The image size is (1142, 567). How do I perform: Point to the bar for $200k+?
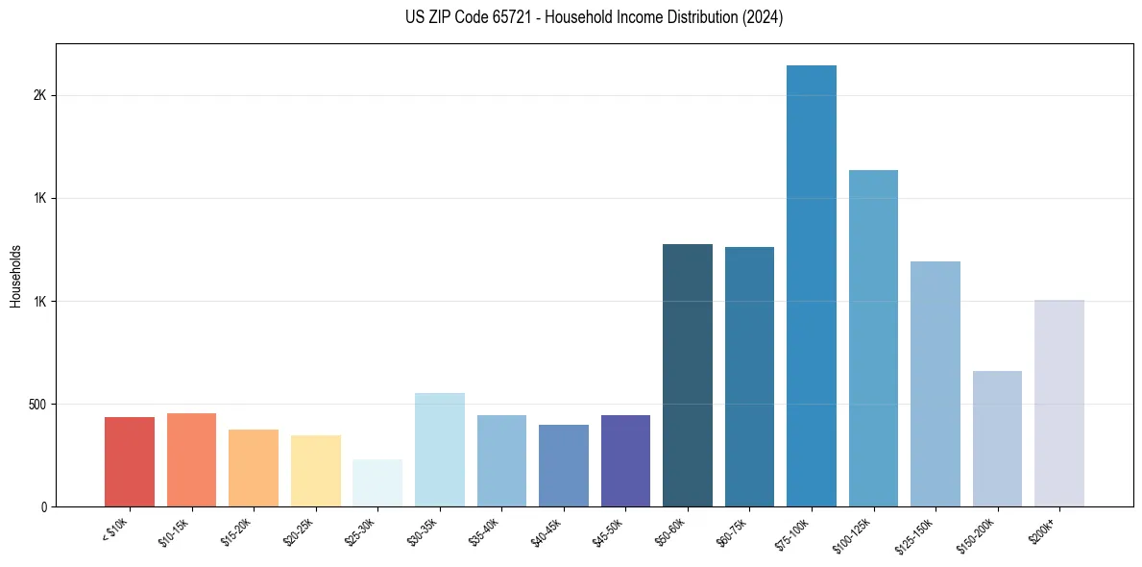click(1058, 403)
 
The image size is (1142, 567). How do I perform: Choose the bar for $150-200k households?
click(997, 438)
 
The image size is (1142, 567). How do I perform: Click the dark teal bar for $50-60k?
click(688, 375)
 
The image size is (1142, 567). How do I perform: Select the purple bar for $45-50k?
click(625, 460)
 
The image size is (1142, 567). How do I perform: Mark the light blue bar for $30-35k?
click(440, 450)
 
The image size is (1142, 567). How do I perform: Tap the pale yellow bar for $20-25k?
click(316, 471)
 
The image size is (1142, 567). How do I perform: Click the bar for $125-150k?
click(935, 383)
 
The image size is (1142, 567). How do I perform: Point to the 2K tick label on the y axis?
click(39, 96)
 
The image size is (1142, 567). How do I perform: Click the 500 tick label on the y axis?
click(36, 405)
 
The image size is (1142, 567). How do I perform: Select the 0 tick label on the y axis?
click(44, 507)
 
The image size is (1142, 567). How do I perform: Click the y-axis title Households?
click(15, 276)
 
